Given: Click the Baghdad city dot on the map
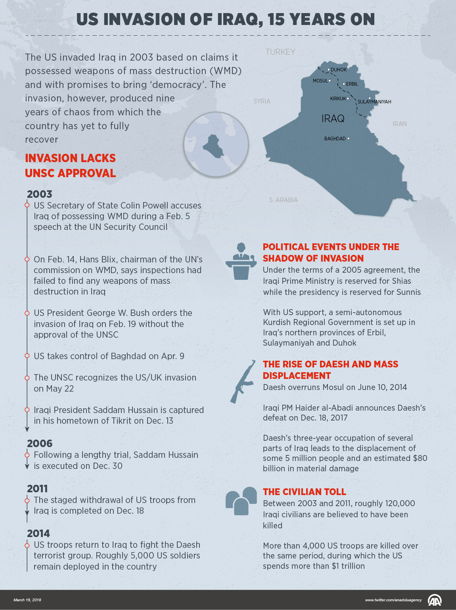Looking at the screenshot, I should [x=348, y=138].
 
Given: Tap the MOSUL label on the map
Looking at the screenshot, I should [x=320, y=81].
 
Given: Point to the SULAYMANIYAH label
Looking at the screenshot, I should [x=374, y=102].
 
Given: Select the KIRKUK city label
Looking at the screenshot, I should [x=338, y=99].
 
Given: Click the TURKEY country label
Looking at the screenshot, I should [x=280, y=52].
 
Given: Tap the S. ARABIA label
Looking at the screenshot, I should [x=283, y=200].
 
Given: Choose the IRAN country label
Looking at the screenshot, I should [x=400, y=124].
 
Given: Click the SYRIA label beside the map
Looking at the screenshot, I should [x=262, y=101].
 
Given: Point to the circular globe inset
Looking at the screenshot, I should [x=216, y=144].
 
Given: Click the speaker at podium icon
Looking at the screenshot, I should [x=241, y=262].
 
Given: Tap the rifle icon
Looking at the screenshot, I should [x=242, y=382].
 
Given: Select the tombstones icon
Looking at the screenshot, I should [x=241, y=501].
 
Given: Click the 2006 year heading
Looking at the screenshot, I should [x=40, y=444].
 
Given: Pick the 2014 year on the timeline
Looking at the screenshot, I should [x=38, y=534].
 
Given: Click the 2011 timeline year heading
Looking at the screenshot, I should [x=37, y=489].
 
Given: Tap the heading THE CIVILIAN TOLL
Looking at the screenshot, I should [x=305, y=492].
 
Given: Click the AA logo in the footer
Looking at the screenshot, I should [x=435, y=600].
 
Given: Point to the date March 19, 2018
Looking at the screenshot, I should [x=27, y=600].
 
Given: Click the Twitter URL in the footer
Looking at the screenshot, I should [x=393, y=600].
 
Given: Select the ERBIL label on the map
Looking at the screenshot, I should [x=352, y=84].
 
